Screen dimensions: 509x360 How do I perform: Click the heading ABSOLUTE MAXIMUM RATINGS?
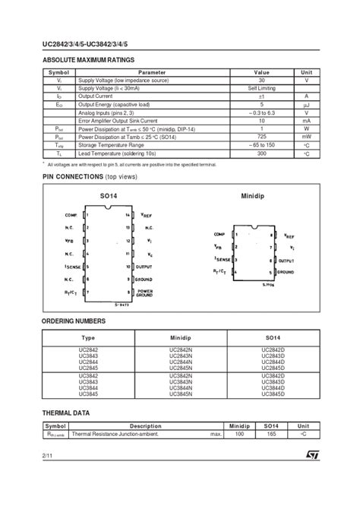click(x=88, y=59)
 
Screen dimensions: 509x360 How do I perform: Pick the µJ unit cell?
click(x=306, y=103)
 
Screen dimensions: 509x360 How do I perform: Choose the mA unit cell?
click(x=306, y=120)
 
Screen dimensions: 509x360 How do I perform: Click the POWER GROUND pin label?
click(x=146, y=292)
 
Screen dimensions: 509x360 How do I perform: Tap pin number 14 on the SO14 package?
click(x=128, y=215)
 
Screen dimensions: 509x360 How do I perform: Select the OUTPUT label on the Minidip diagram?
click(x=286, y=260)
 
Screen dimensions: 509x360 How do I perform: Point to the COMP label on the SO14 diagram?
click(x=73, y=215)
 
